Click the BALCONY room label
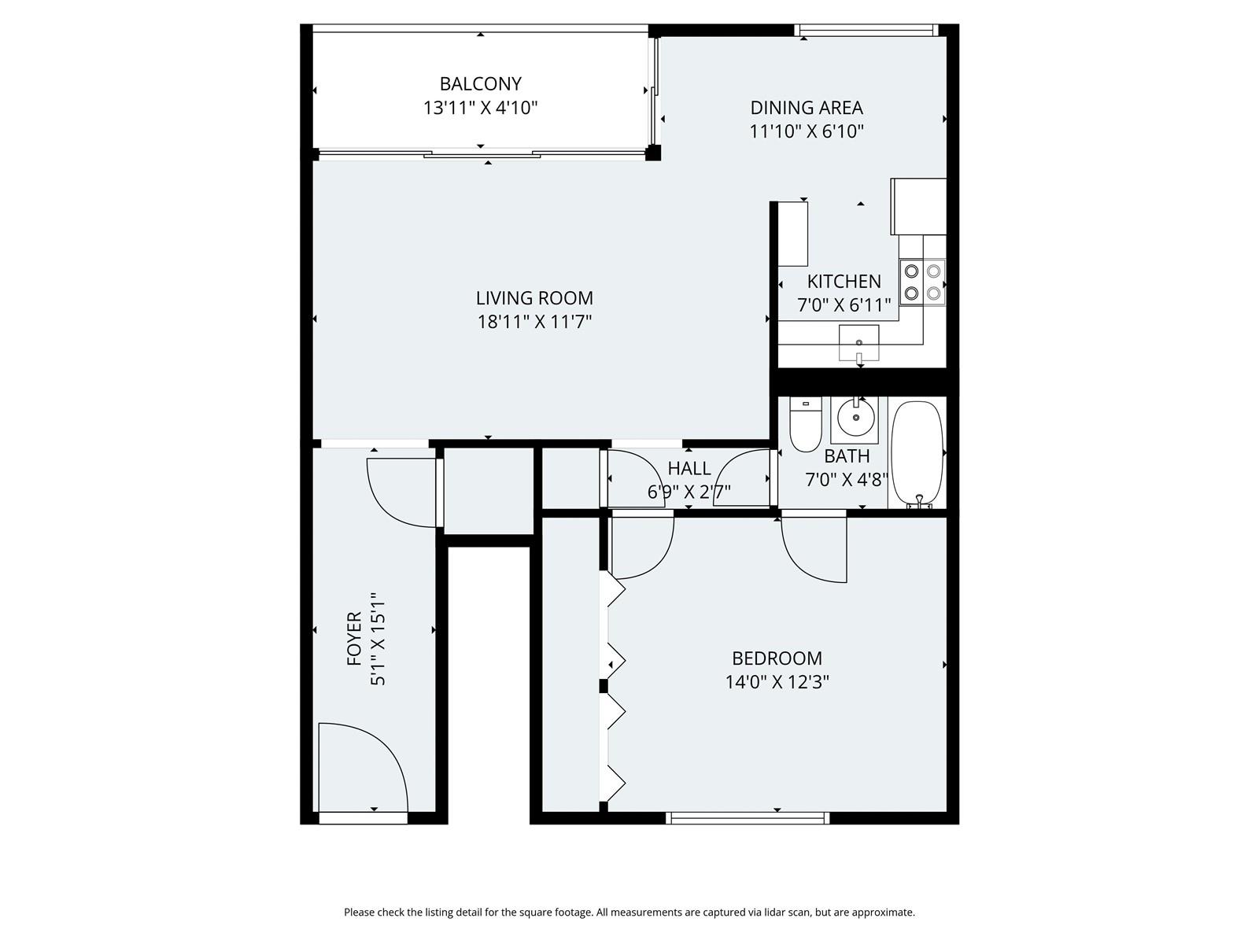point(480,84)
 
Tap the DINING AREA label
point(807,108)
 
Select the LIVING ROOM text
point(534,298)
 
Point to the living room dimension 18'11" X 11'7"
point(534,322)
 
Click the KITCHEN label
point(844,282)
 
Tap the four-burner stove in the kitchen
point(921,282)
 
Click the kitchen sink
point(858,344)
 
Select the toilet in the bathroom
point(805,424)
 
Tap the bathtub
point(917,454)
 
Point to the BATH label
point(847,456)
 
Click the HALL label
point(689,469)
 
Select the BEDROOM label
point(777,658)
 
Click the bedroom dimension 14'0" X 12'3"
point(777,682)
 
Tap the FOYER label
point(354,639)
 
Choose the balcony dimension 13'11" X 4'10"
point(480,108)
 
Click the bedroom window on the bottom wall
point(748,818)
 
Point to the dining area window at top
point(866,31)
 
